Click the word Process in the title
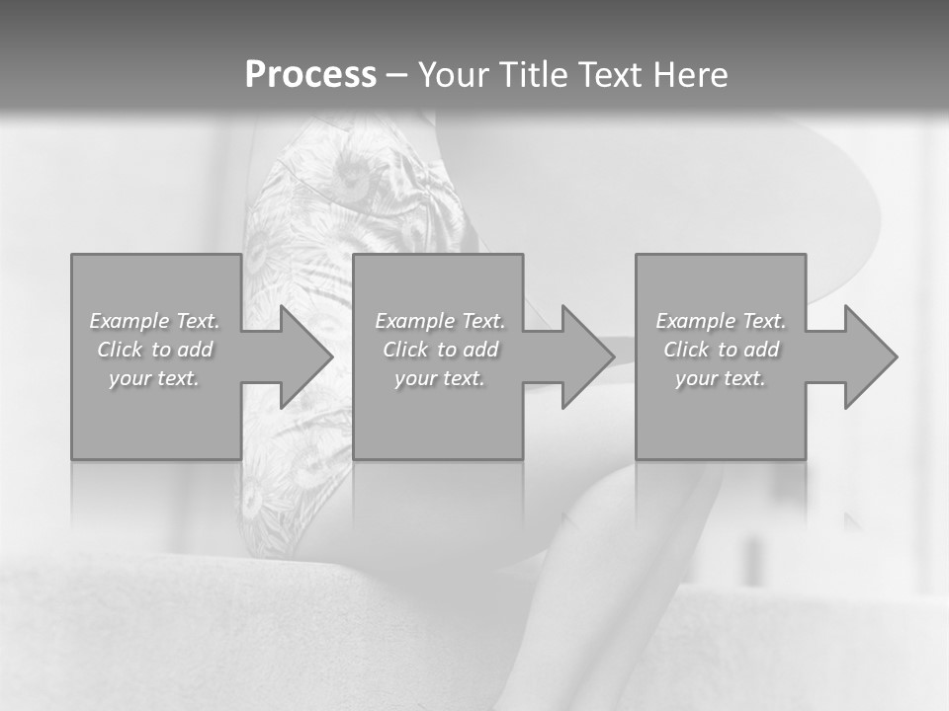(310, 75)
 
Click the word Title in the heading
(536, 75)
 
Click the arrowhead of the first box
(305, 356)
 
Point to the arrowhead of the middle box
(587, 356)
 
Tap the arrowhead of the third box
(870, 356)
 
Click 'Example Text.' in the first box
(155, 321)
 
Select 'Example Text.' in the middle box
(440, 321)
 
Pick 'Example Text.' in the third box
(721, 321)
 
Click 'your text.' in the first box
(154, 378)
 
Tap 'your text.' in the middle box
(440, 378)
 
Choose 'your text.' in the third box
(721, 378)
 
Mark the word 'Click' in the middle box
(405, 350)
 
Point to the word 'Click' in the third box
(686, 350)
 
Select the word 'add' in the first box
(196, 350)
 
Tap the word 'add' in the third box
(762, 350)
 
